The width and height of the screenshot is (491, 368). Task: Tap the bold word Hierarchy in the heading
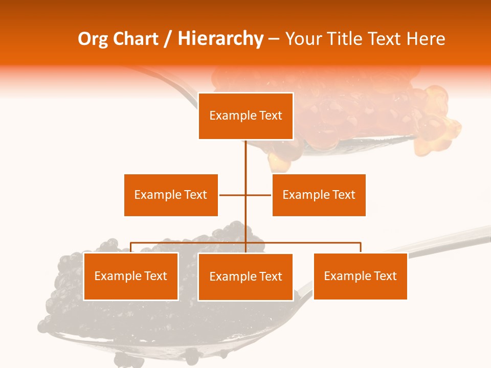click(220, 39)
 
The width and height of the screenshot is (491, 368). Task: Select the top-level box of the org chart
click(246, 116)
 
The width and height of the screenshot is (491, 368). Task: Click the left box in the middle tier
click(171, 195)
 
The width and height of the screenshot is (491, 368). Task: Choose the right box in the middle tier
click(319, 195)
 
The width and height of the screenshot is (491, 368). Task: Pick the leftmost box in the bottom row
click(131, 276)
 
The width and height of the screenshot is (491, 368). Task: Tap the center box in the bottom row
click(245, 277)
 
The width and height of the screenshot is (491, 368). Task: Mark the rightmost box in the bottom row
click(360, 276)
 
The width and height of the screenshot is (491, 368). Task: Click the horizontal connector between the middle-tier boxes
click(233, 195)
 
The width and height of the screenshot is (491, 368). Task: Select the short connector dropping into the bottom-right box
click(361, 247)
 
